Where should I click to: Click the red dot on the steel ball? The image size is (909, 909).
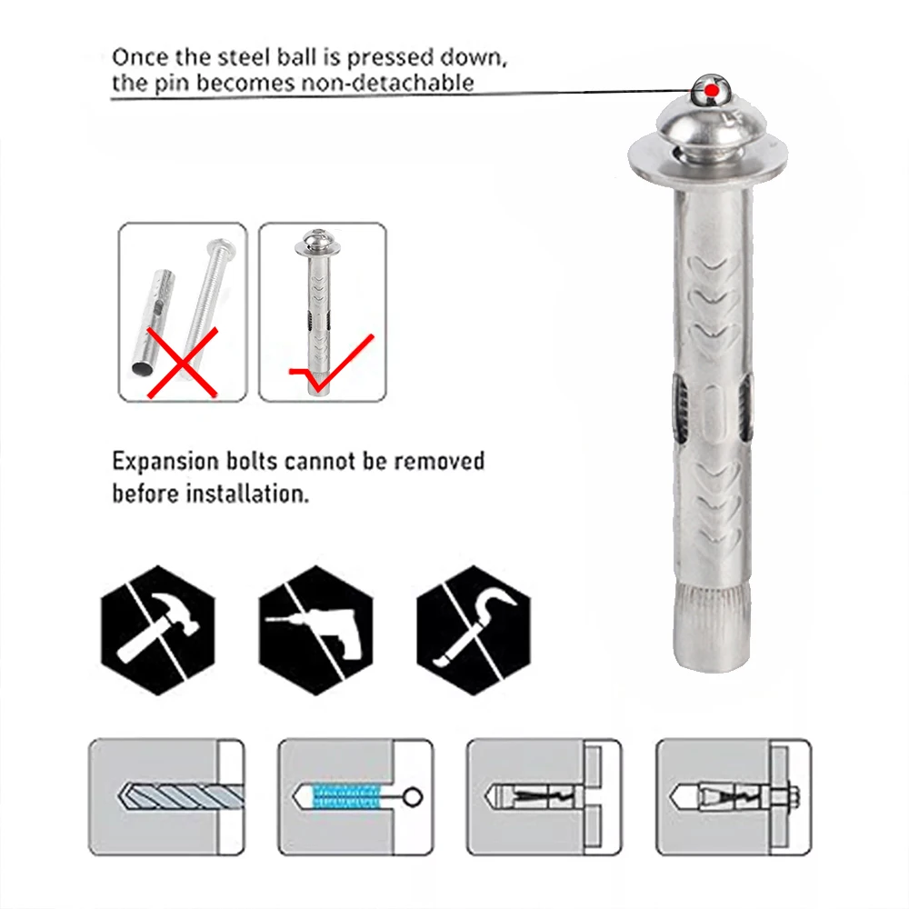pos(712,91)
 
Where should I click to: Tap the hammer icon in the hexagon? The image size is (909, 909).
pos(157,630)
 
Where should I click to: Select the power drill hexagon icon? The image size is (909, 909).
pos(316,630)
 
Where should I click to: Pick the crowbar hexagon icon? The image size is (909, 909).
pos(474,630)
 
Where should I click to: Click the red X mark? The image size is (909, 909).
pos(183,363)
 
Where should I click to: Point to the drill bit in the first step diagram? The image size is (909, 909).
pos(181,796)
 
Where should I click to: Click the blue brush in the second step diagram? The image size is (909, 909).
pos(346,796)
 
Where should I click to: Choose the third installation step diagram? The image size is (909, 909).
pos(544,796)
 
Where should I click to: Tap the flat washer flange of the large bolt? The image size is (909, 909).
pos(708,159)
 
